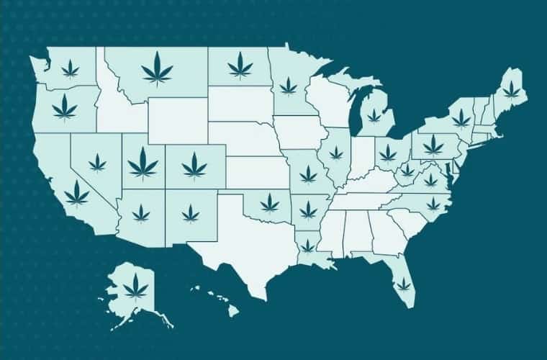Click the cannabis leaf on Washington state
(x=71, y=68)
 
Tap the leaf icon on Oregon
(x=65, y=109)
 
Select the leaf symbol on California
(x=77, y=193)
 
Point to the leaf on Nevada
(x=97, y=163)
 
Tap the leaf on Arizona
(x=141, y=212)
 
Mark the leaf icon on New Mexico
(x=190, y=212)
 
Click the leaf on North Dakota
(x=240, y=66)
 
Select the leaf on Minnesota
(x=288, y=86)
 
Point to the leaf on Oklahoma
(x=269, y=203)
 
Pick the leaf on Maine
(x=510, y=89)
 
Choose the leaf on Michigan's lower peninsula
(x=374, y=115)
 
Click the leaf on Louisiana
(x=307, y=246)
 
